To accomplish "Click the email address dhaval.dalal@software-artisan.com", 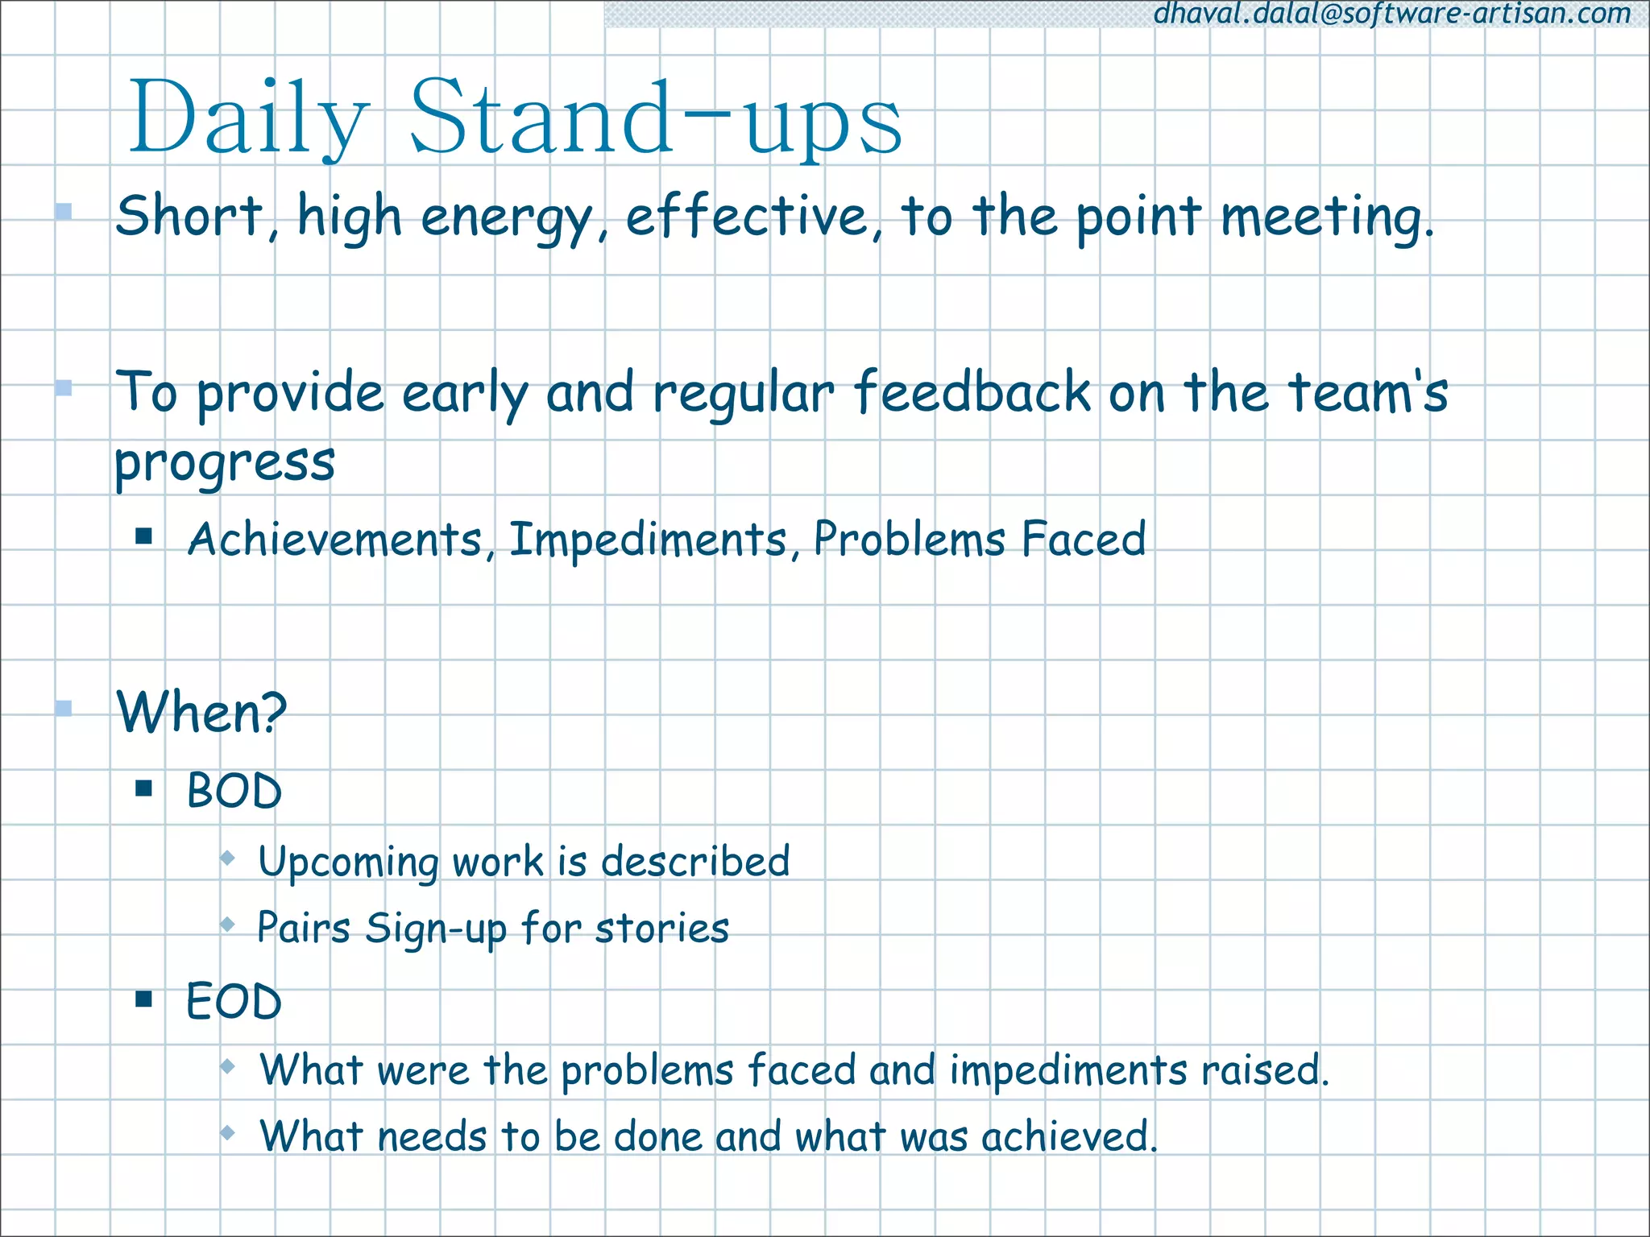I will click(x=1392, y=14).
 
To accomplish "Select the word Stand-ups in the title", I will click(x=657, y=118).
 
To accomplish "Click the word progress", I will click(x=225, y=464).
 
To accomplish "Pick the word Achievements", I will click(x=334, y=539).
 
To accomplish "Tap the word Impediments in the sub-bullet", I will click(x=649, y=539).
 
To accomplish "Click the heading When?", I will click(x=201, y=712).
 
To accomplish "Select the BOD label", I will click(x=234, y=791).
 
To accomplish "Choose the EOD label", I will click(x=234, y=1002).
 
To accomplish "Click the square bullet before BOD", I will click(x=144, y=788).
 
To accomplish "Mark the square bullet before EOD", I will click(x=144, y=999).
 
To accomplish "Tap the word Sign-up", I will click(x=435, y=929).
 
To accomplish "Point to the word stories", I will click(x=661, y=928).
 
